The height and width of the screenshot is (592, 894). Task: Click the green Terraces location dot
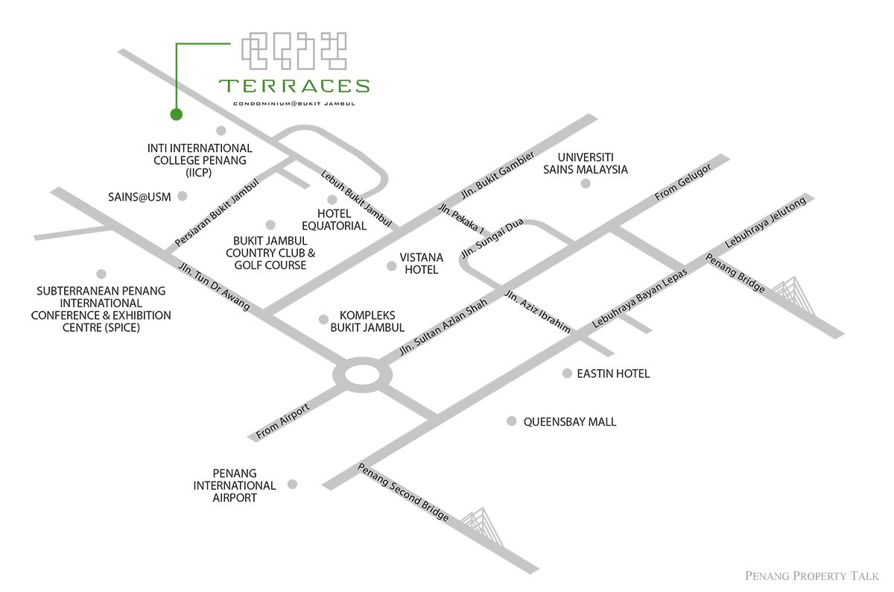click(176, 114)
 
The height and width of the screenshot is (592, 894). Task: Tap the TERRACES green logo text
click(294, 86)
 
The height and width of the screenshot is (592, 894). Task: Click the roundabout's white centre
click(362, 375)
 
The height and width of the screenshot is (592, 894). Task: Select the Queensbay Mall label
click(569, 422)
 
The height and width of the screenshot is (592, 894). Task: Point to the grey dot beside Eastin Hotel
click(567, 373)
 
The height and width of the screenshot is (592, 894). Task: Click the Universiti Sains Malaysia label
click(585, 163)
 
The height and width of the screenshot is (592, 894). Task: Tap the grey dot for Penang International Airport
click(292, 484)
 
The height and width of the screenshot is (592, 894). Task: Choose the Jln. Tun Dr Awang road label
click(214, 286)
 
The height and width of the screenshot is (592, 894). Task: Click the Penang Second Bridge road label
click(403, 492)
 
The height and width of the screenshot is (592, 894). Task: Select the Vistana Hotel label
click(422, 263)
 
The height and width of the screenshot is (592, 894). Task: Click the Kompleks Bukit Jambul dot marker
click(323, 319)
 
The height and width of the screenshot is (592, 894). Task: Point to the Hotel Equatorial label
click(334, 220)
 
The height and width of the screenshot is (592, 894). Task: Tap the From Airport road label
click(282, 421)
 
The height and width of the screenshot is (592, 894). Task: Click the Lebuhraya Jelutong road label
click(765, 222)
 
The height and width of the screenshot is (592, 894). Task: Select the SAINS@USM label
click(139, 197)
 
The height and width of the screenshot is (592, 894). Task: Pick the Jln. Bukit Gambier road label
click(498, 175)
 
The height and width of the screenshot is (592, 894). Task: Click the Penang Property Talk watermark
click(812, 576)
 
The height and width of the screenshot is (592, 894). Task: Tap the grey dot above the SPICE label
click(101, 274)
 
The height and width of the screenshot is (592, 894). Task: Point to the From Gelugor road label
click(683, 182)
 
